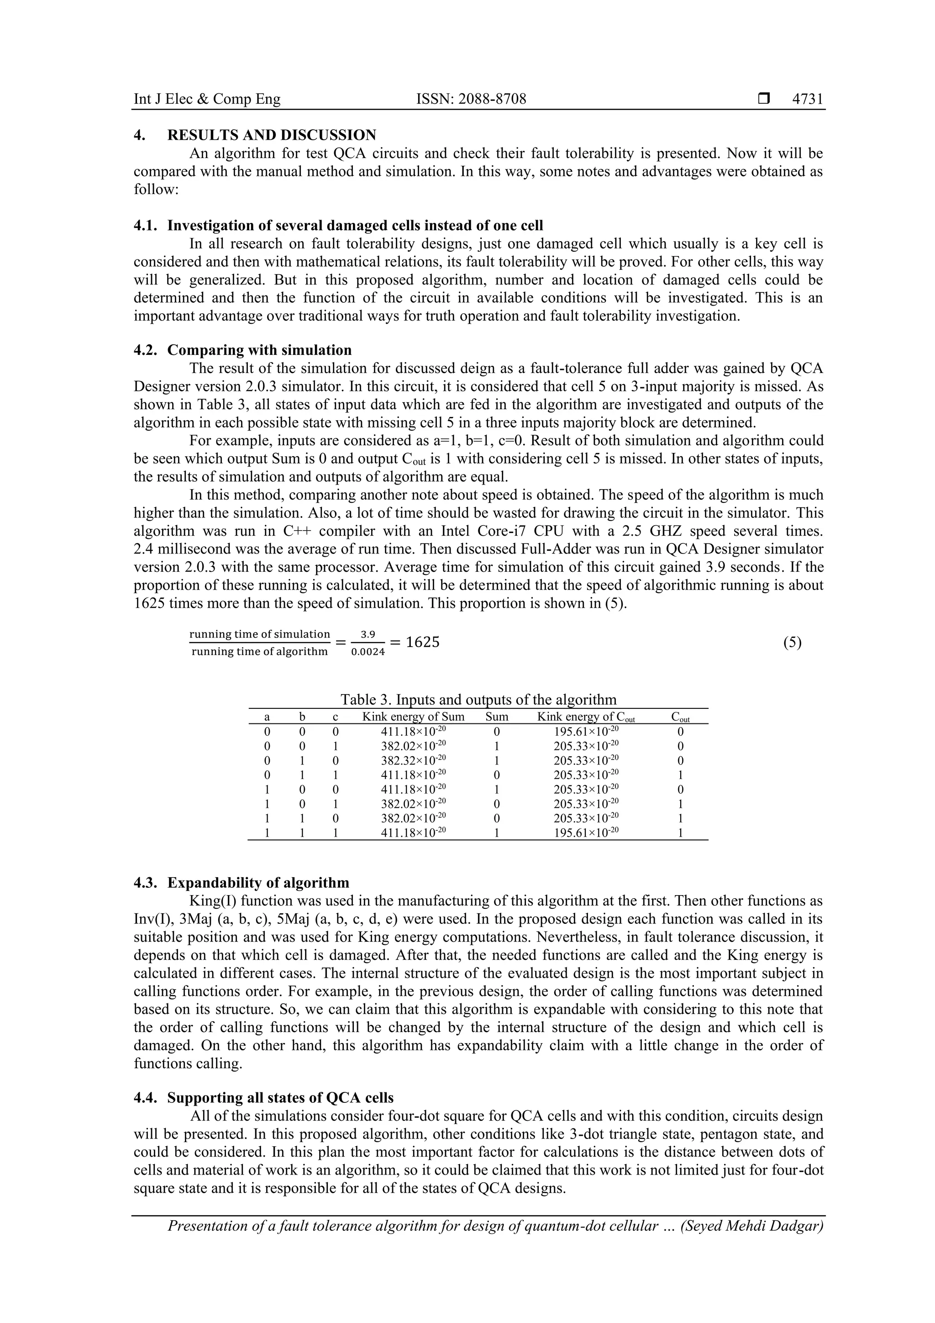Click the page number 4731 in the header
808,99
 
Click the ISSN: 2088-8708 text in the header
471,99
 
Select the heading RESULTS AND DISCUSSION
271,136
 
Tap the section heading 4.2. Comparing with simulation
242,350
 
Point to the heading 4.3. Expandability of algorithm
242,883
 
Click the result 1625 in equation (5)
422,642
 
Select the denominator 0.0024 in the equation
368,652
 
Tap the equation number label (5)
792,643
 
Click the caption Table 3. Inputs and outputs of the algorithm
478,700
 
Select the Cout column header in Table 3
680,717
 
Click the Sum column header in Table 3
497,717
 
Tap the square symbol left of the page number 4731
764,99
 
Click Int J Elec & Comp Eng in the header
207,99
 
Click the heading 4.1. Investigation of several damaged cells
338,225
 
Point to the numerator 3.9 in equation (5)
368,634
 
